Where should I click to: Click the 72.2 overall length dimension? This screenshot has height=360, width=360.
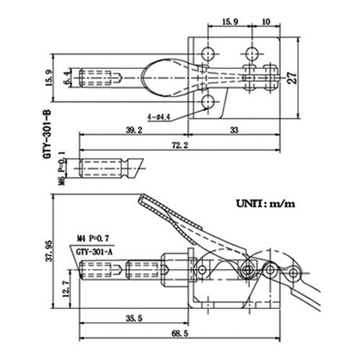[x=180, y=145]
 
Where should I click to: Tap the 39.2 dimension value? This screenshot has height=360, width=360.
[x=134, y=130]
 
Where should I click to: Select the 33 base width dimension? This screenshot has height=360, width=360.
[x=234, y=130]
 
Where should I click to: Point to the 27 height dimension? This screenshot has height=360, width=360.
[x=292, y=78]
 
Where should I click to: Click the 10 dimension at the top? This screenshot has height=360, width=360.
[x=266, y=22]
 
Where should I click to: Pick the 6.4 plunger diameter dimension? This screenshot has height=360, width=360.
[x=68, y=78]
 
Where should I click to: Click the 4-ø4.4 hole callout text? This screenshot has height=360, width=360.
[x=159, y=117]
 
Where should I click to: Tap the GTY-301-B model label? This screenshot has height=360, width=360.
[x=47, y=134]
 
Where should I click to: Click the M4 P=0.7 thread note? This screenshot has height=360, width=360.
[x=93, y=238]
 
